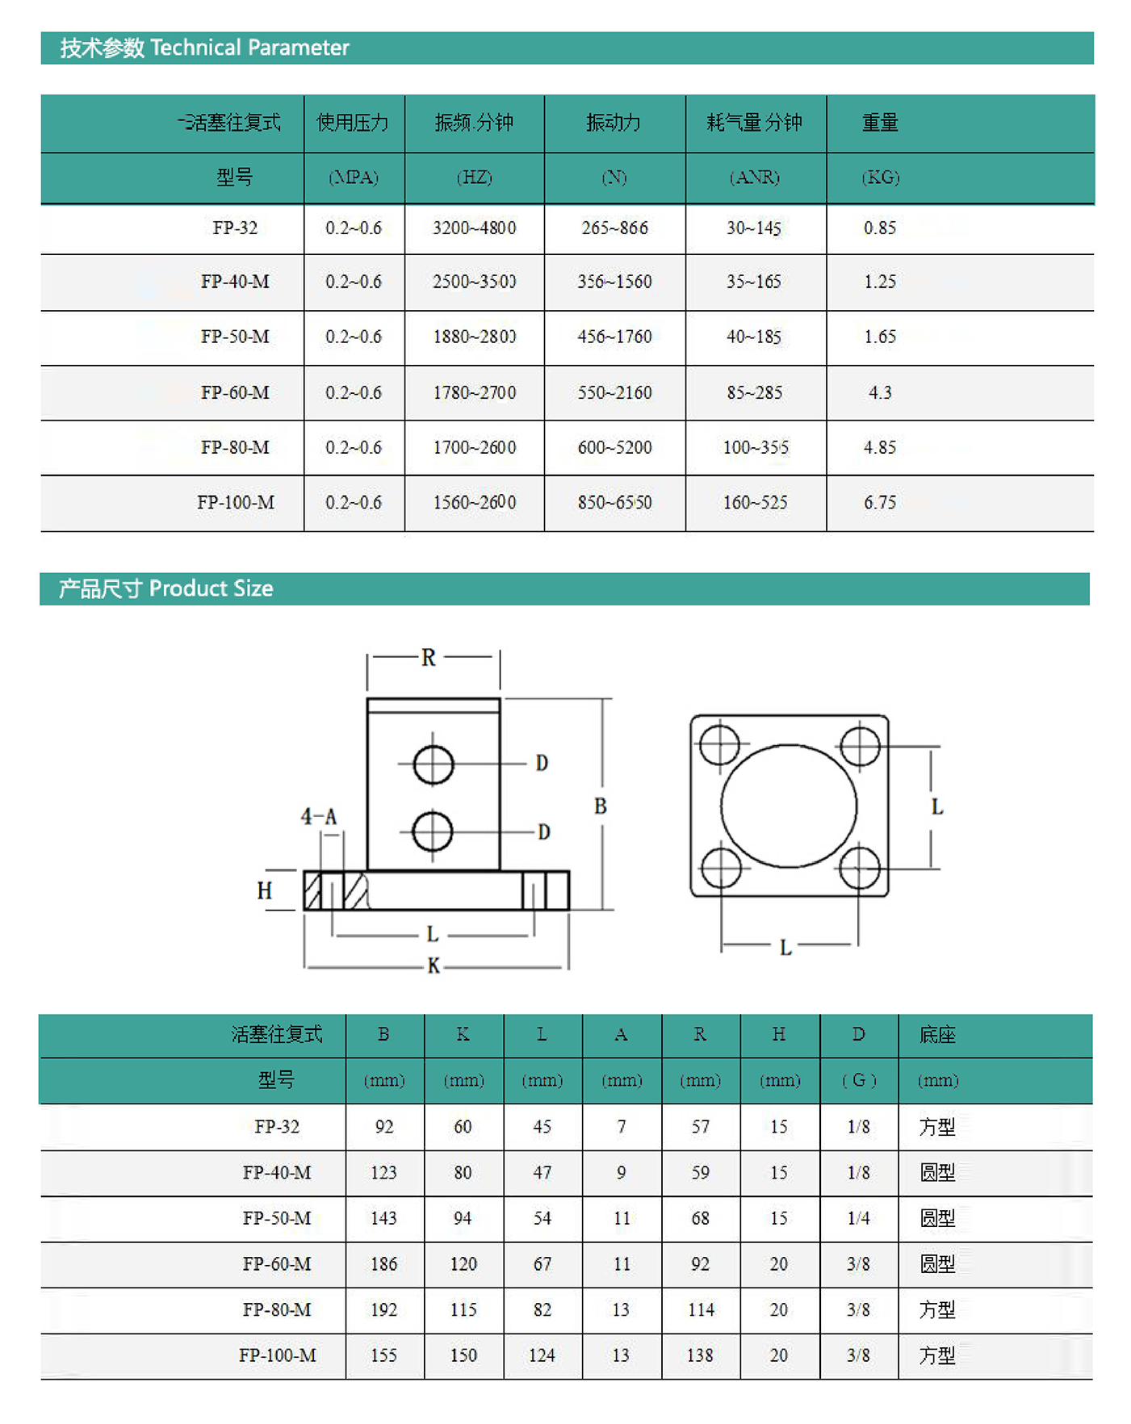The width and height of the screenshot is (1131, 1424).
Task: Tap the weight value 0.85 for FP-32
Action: click(x=879, y=228)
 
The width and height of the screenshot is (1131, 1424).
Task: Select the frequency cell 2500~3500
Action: click(x=474, y=282)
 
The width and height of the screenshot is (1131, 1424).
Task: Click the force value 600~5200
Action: click(x=614, y=447)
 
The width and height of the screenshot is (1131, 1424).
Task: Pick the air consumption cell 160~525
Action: click(x=755, y=502)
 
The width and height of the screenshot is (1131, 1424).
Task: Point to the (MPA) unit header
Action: click(x=354, y=178)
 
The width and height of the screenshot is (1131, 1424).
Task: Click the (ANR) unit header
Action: click(x=755, y=178)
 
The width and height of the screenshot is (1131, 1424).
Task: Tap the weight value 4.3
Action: click(x=879, y=392)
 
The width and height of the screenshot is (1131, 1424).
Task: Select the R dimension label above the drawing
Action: click(x=429, y=658)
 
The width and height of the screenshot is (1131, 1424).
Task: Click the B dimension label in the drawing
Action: click(x=600, y=806)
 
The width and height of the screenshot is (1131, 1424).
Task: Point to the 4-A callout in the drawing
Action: click(x=318, y=817)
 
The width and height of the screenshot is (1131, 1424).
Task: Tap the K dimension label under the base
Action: click(x=434, y=965)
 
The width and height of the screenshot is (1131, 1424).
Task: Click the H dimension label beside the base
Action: click(x=265, y=890)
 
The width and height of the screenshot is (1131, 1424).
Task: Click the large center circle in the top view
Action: click(x=789, y=806)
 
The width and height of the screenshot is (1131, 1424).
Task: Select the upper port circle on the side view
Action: click(x=434, y=764)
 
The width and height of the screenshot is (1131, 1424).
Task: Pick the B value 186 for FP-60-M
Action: click(x=383, y=1264)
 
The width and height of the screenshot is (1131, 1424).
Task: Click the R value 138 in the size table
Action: click(x=700, y=1355)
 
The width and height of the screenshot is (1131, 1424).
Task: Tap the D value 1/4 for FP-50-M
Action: click(x=858, y=1218)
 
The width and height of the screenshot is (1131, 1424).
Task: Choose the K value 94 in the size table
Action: click(x=463, y=1218)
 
